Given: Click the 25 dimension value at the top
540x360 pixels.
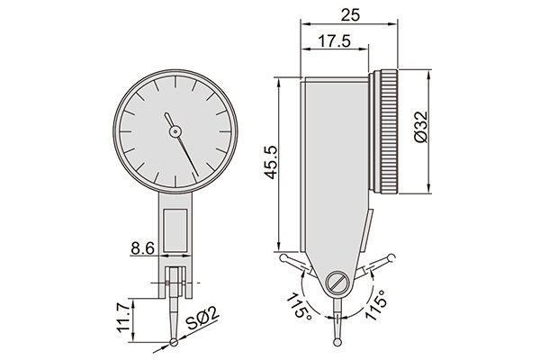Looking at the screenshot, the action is tap(350, 15).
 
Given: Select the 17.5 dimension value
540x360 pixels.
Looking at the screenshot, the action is tap(334, 41).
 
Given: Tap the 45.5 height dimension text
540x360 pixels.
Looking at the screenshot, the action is tap(271, 163).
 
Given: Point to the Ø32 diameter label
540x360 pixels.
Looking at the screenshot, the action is tap(420, 127).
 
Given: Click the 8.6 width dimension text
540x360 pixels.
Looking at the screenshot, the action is tap(143, 247).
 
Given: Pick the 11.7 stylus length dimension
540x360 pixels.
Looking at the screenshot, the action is tap(124, 317).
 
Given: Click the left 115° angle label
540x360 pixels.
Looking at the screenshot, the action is tap(299, 306).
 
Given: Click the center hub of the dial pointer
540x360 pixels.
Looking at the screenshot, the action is tap(175, 130).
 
